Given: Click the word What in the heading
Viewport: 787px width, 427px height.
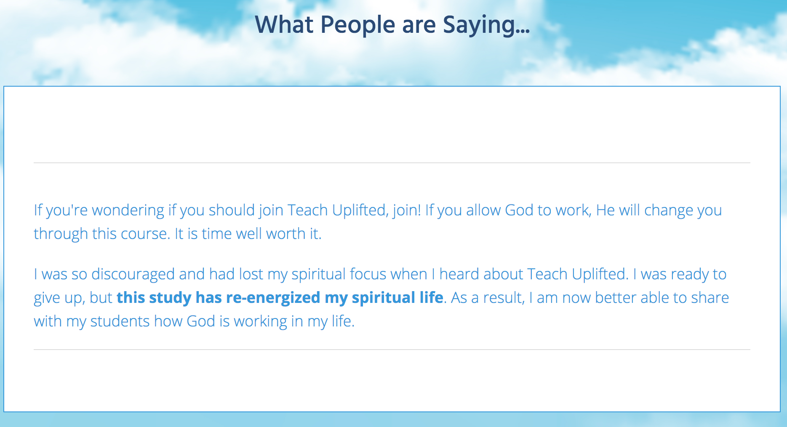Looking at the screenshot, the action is (x=284, y=24).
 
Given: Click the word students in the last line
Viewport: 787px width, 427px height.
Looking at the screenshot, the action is (x=120, y=321).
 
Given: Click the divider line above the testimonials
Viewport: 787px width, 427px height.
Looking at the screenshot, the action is (x=392, y=162).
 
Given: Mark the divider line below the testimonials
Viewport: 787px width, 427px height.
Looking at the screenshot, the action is (x=392, y=349).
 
